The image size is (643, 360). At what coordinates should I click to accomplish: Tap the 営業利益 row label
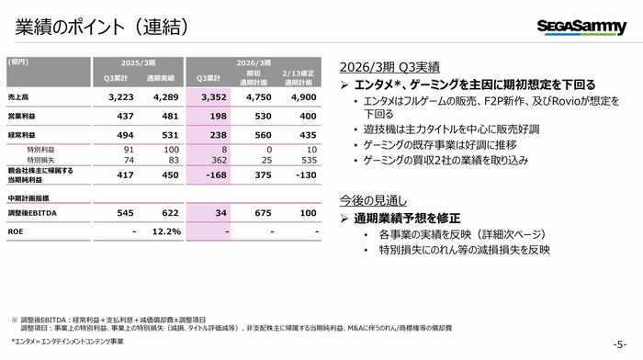23,118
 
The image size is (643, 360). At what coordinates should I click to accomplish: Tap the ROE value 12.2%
164,231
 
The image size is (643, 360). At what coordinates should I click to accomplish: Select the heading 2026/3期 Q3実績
389,67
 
